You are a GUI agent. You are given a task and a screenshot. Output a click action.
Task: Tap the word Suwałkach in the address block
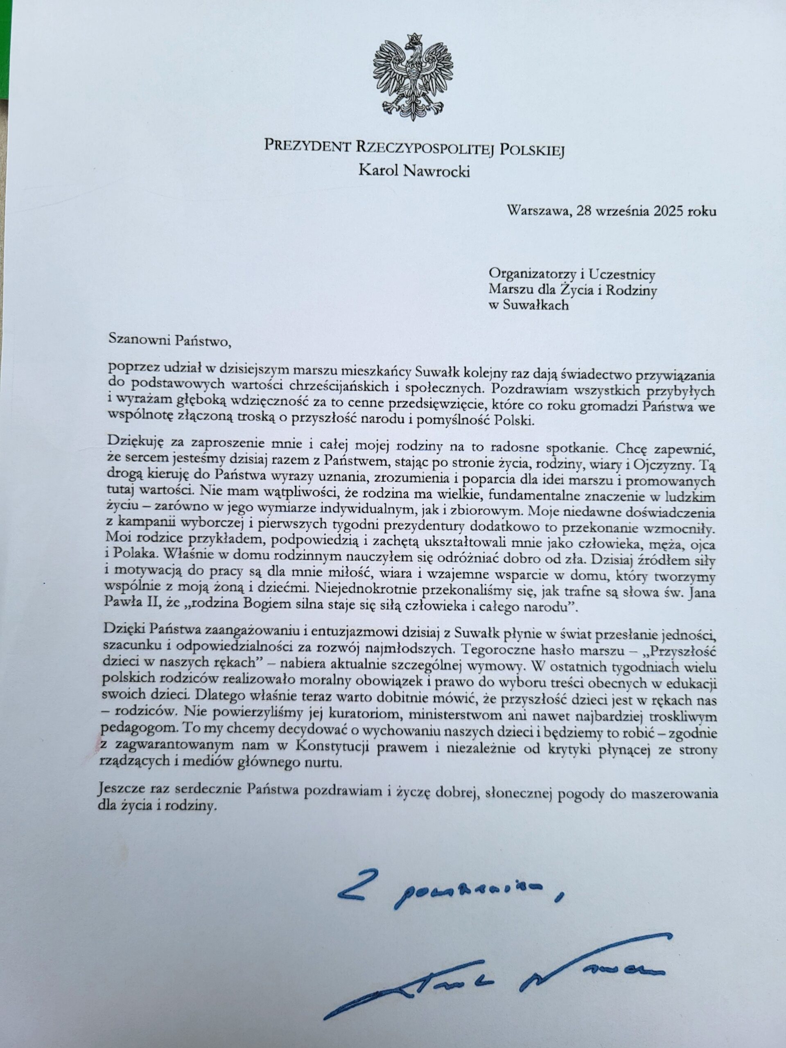point(534,305)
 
